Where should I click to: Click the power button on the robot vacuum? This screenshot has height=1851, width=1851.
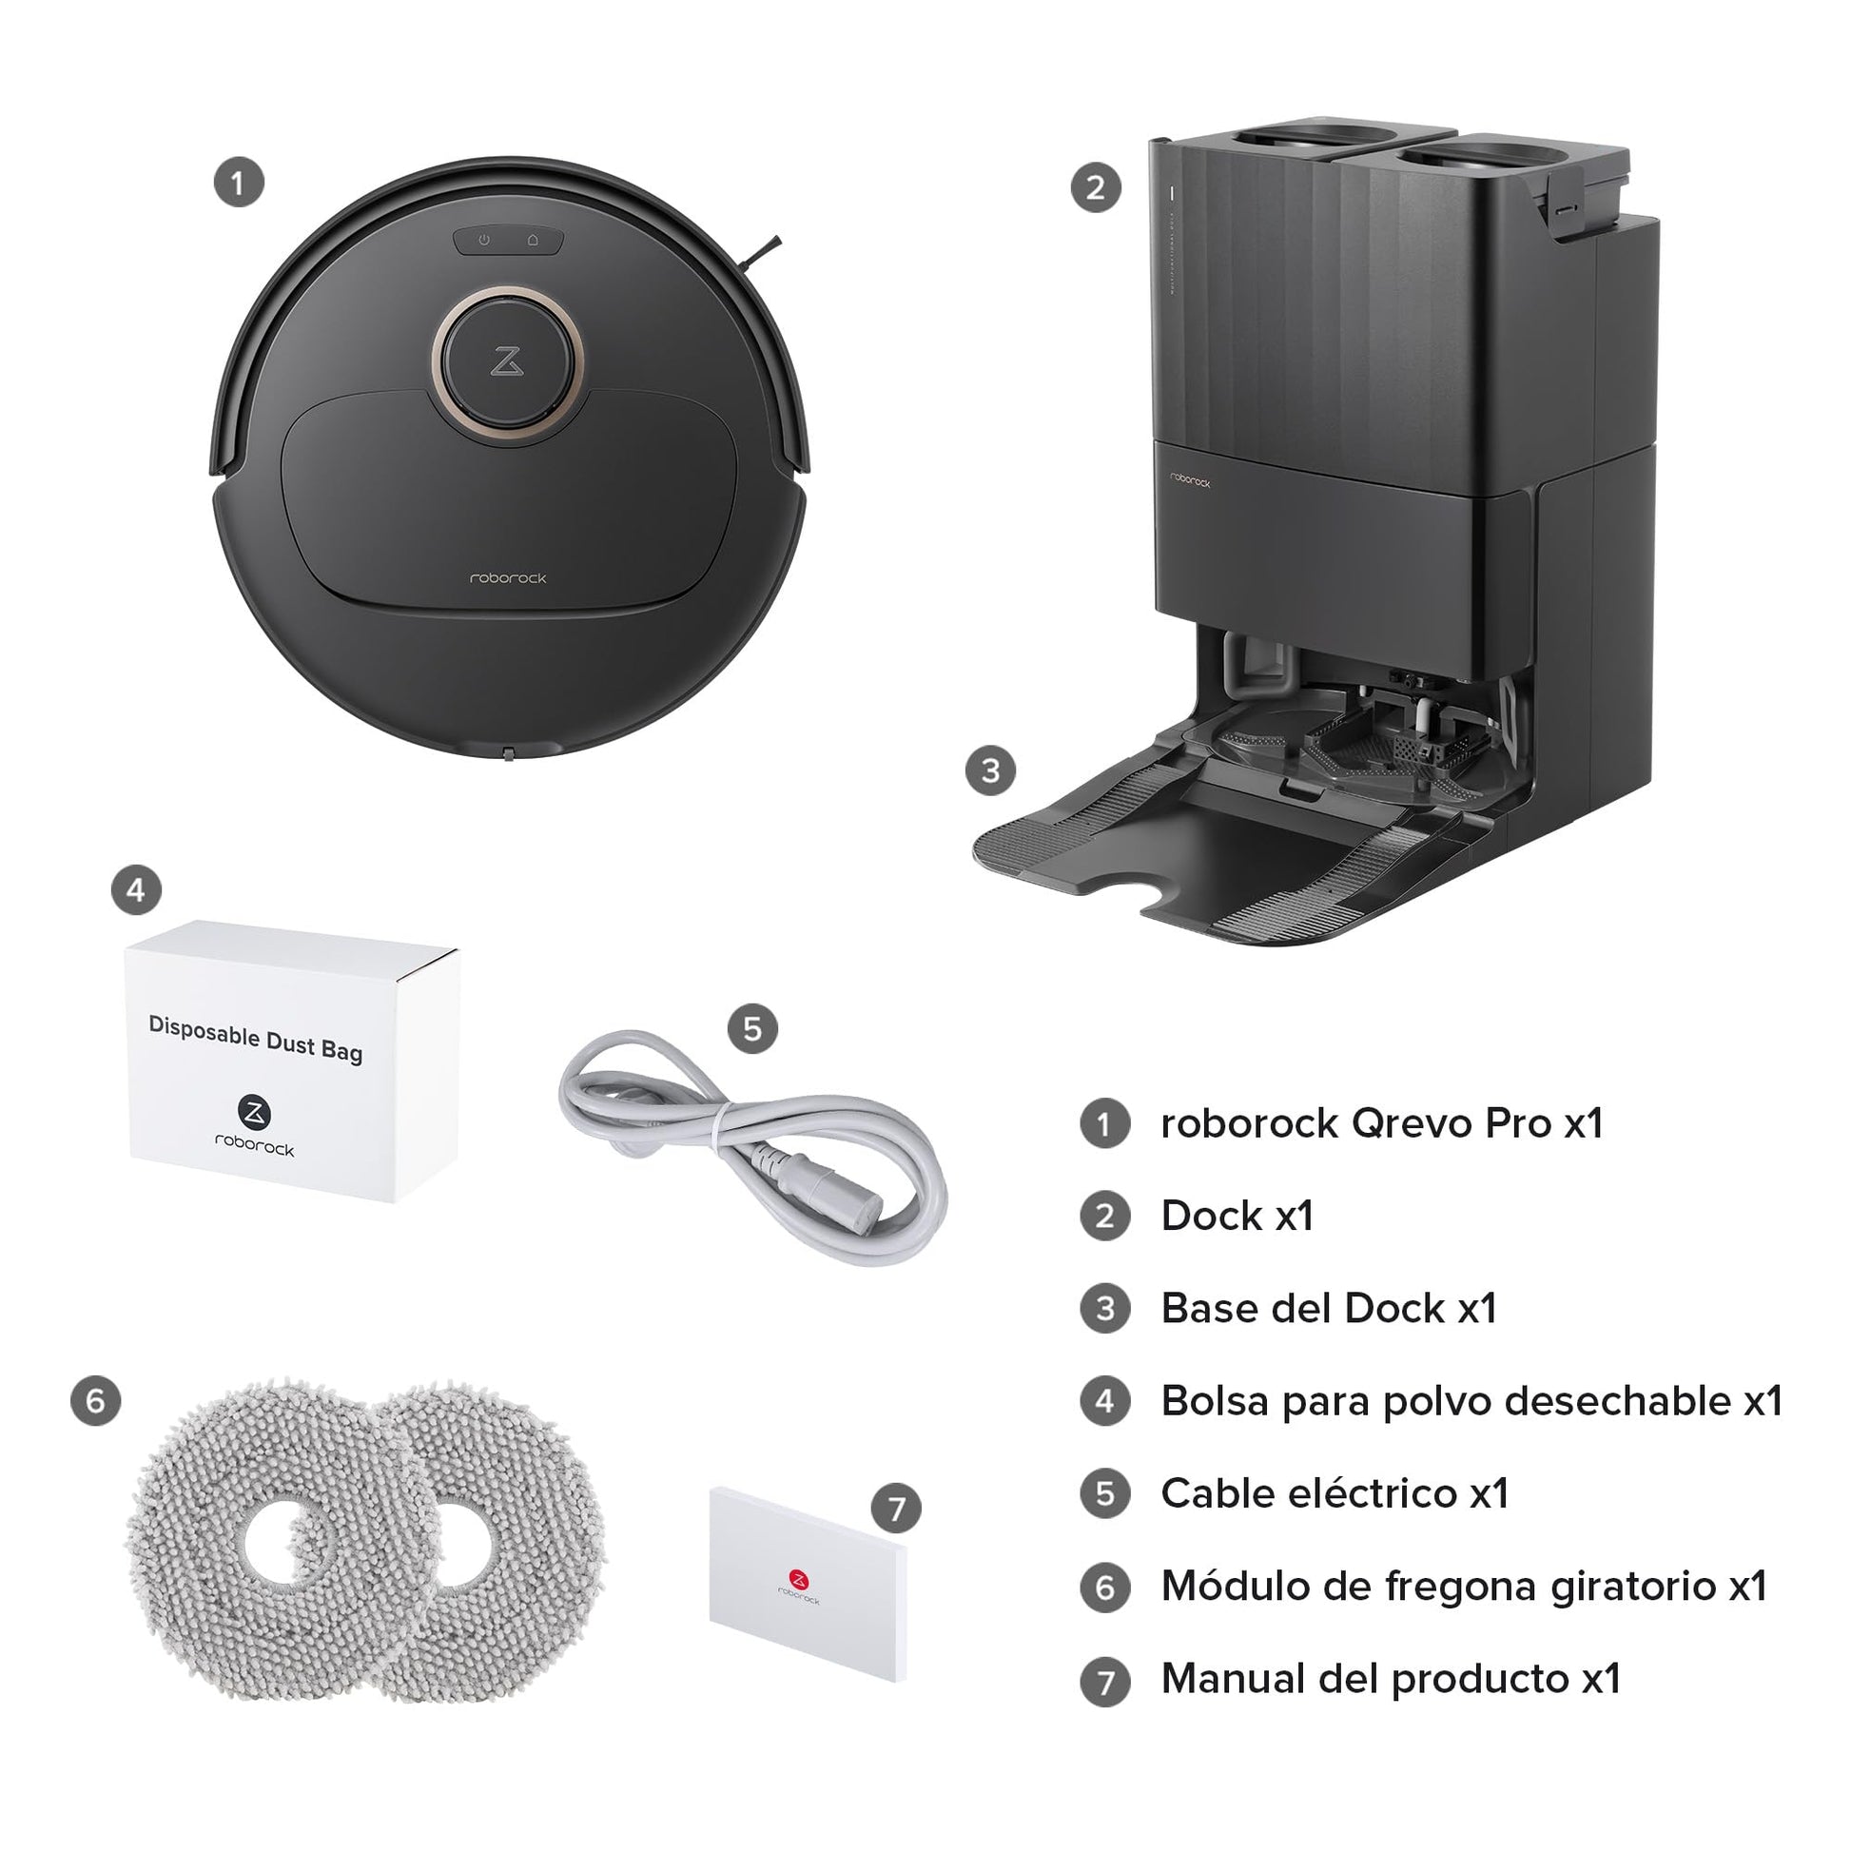484,240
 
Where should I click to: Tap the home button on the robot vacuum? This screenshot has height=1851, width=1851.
533,240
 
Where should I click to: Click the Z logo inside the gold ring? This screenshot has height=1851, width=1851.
507,362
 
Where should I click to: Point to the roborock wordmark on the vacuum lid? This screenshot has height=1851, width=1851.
508,577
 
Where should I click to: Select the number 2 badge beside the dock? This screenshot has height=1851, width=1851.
1096,187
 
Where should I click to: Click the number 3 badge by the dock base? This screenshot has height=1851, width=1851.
990,770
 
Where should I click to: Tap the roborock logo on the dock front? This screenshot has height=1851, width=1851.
1190,480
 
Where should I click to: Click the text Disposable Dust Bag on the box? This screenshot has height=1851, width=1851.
256,1039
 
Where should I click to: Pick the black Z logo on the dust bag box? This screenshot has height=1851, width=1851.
254,1112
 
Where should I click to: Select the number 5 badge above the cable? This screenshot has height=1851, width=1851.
753,1029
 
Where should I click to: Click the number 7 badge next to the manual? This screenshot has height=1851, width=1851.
896,1510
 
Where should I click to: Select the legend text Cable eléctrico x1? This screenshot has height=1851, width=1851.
1335,1493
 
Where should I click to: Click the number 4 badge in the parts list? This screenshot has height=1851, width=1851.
1105,1401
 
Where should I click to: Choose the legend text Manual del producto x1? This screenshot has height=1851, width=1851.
1391,1679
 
